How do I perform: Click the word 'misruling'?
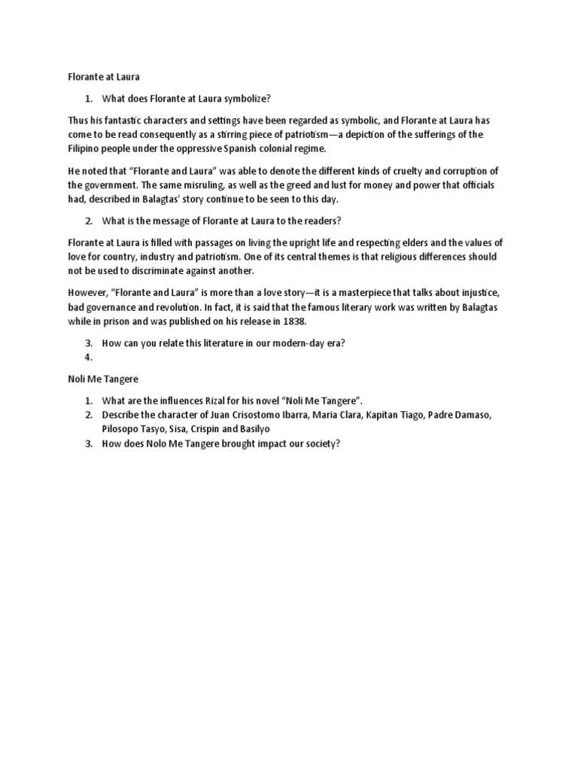pyautogui.click(x=178, y=185)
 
